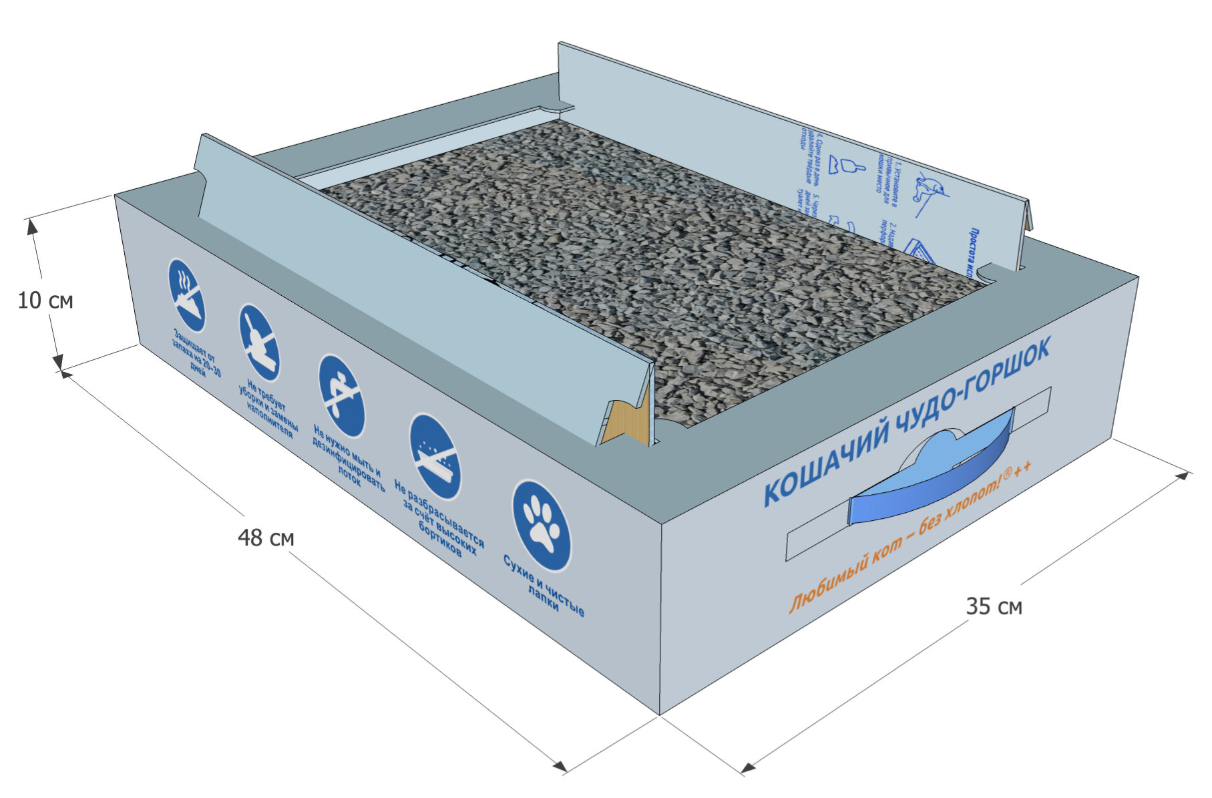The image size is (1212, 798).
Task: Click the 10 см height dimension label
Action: click(45, 301)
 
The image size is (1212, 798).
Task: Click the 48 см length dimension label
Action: click(266, 538)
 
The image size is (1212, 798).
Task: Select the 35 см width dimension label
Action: click(994, 606)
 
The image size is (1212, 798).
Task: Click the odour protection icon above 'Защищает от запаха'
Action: click(186, 295)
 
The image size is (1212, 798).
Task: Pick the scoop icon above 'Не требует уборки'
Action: click(259, 342)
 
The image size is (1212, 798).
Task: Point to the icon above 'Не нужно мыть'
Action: click(341, 396)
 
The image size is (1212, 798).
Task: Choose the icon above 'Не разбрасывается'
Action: click(435, 457)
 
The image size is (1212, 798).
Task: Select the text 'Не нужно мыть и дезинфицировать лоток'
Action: click(349, 457)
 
